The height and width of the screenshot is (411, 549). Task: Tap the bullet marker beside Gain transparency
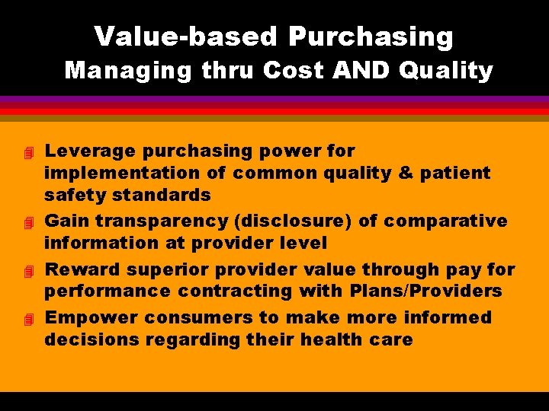pyautogui.click(x=29, y=223)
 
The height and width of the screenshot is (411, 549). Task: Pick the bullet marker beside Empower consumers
pyautogui.click(x=29, y=320)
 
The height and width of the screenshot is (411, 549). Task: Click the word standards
pyautogui.click(x=162, y=195)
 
